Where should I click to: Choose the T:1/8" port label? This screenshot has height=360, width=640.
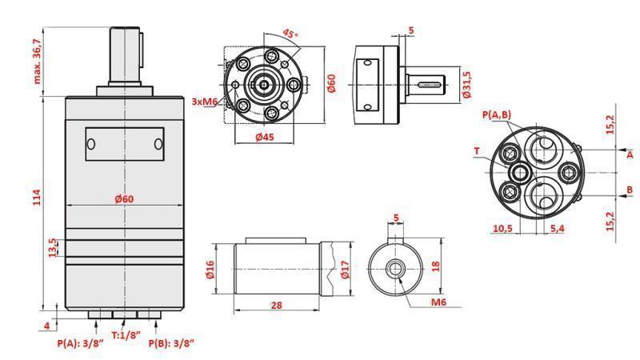point(126,335)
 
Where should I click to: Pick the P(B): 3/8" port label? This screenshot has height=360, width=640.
point(171,342)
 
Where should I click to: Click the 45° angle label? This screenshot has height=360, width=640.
point(290,33)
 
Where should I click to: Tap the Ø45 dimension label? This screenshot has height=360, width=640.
point(265,137)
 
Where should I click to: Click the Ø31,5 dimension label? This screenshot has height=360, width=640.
point(466,85)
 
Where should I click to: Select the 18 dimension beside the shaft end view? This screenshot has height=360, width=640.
point(435,266)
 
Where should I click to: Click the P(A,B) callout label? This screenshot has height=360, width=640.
point(497,115)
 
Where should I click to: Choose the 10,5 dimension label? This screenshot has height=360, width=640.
point(502,229)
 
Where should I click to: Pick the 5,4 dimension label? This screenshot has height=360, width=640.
point(558,229)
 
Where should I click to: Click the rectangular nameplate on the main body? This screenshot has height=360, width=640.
point(124,144)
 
